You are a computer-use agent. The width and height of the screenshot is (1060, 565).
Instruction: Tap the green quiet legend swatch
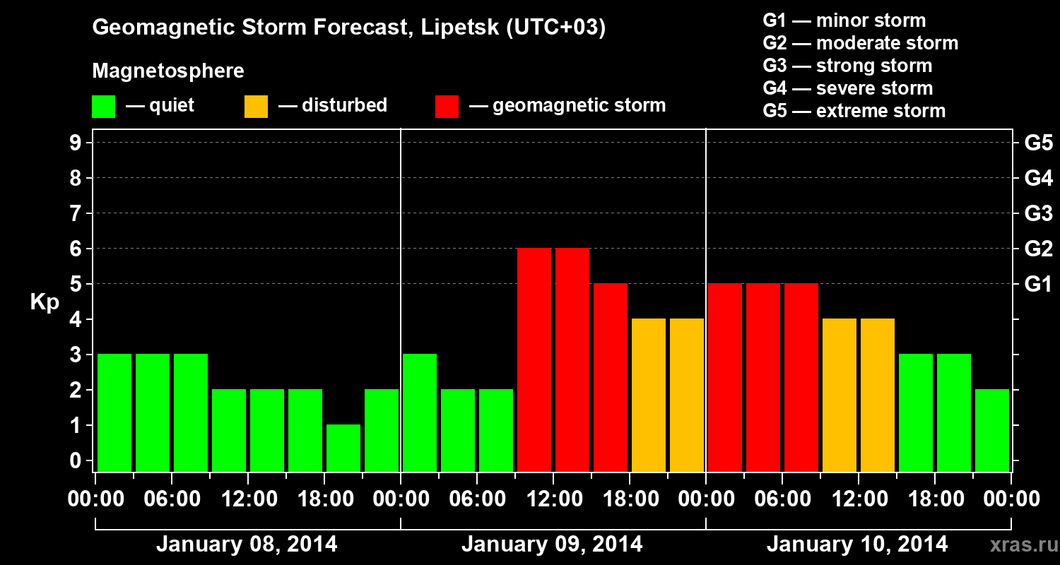(x=103, y=107)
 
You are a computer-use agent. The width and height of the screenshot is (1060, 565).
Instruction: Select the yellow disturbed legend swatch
(x=256, y=107)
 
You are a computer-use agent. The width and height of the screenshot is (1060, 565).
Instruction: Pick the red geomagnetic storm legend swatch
(x=447, y=107)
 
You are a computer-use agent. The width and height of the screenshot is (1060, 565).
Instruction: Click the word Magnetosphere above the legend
(x=168, y=71)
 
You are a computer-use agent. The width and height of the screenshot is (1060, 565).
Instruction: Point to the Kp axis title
(x=45, y=302)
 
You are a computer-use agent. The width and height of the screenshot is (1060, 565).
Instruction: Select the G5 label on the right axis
(x=1038, y=143)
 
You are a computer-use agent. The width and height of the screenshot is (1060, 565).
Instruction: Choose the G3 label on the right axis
(x=1038, y=213)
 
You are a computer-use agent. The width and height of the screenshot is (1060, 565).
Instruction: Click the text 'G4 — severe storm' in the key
(x=847, y=88)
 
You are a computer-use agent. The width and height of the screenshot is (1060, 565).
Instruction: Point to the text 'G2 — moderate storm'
(x=860, y=43)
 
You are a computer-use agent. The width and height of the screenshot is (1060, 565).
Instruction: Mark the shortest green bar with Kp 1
(x=343, y=448)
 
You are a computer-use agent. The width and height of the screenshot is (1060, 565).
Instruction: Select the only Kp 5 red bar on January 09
(x=611, y=377)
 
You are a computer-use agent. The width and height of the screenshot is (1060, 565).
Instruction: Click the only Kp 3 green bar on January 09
(x=420, y=412)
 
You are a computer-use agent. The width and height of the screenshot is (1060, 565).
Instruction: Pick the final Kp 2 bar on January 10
(x=992, y=430)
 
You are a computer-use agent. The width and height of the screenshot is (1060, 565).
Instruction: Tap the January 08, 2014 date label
(x=247, y=545)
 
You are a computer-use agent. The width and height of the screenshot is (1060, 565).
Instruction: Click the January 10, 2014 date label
(x=857, y=545)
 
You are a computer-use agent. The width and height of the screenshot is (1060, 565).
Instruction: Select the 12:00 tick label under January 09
(x=553, y=499)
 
